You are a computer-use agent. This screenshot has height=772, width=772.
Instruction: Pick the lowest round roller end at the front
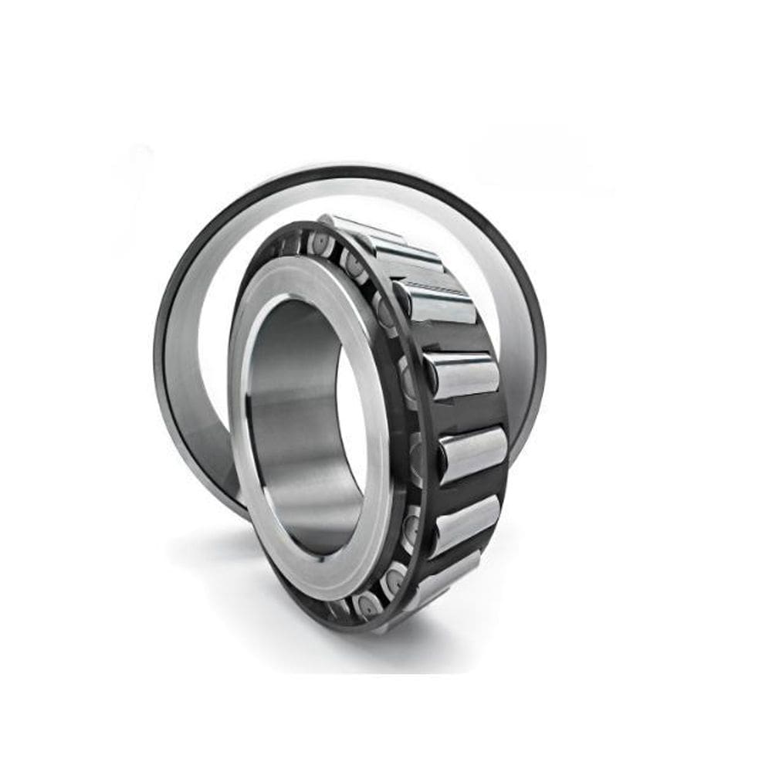pyautogui.click(x=363, y=606)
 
